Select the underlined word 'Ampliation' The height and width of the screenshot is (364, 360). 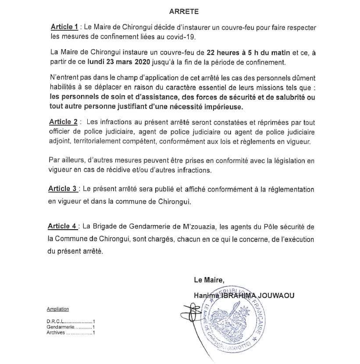pyautogui.click(x=57, y=309)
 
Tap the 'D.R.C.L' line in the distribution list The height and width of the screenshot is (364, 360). pyautogui.click(x=70, y=322)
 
